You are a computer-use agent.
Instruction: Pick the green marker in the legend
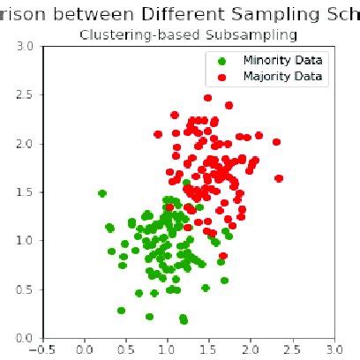pyautogui.click(x=221, y=60)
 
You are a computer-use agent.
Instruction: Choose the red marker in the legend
pyautogui.click(x=221, y=77)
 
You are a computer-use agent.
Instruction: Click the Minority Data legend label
pyautogui.click(x=282, y=60)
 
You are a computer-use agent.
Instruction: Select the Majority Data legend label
pyautogui.click(x=282, y=77)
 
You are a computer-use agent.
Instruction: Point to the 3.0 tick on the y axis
pyautogui.click(x=25, y=46)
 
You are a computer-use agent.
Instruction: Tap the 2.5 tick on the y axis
pyautogui.click(x=25, y=94)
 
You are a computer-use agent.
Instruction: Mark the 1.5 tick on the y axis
pyautogui.click(x=25, y=191)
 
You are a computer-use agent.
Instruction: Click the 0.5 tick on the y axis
pyautogui.click(x=25, y=289)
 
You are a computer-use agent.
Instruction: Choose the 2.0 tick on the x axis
pyautogui.click(x=251, y=348)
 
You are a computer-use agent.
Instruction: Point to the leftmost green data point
pyautogui.click(x=102, y=193)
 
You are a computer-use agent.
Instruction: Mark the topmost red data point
pyautogui.click(x=208, y=98)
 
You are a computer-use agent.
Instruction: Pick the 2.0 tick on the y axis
pyautogui.click(x=25, y=143)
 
